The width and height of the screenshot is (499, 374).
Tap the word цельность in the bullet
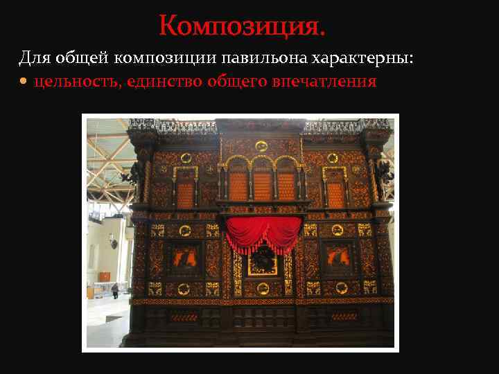click(x=76, y=82)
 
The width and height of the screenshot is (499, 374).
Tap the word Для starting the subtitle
click(x=33, y=57)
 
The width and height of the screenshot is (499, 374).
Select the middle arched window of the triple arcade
click(x=262, y=185)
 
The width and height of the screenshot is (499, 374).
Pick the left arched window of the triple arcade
click(x=238, y=185)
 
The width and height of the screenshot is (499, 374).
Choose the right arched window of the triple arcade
click(x=286, y=185)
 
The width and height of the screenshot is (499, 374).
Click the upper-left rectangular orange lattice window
click(x=185, y=193)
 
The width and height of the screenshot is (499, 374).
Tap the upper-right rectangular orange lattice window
click(x=335, y=193)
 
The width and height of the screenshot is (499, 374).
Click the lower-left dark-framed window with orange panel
click(x=183, y=258)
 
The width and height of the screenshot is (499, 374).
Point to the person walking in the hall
click(x=115, y=290)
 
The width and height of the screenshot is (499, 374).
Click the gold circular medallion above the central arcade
click(x=261, y=146)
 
